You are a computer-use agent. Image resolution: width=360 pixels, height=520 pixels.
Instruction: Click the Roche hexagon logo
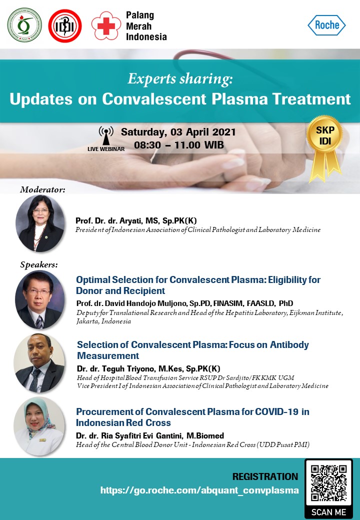[x=326, y=25]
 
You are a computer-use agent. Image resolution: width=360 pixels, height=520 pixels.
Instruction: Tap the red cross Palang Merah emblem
[x=106, y=26]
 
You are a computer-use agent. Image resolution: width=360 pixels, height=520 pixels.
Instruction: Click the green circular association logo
[x=24, y=25]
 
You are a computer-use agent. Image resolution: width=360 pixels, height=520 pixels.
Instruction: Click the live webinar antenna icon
[x=106, y=136]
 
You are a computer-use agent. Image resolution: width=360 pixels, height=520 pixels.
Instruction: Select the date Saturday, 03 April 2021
[x=178, y=132]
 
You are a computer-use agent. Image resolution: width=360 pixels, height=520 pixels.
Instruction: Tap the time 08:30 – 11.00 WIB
[x=179, y=145]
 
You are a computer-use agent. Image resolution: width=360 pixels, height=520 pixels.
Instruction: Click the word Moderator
[x=42, y=189]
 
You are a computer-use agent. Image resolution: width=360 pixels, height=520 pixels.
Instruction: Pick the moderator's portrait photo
[x=40, y=223]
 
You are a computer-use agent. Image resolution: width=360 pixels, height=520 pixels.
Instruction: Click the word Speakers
[x=39, y=264]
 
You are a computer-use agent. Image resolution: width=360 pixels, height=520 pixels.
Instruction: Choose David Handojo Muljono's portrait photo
[x=40, y=299]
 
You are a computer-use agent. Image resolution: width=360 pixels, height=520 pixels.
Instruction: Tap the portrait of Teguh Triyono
[x=39, y=363]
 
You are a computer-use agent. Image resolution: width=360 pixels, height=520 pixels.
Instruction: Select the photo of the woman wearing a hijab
[x=39, y=426]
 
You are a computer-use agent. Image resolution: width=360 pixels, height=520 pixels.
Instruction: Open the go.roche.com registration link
[x=199, y=490]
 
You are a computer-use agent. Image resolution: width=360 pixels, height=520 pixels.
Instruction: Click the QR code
[x=329, y=483]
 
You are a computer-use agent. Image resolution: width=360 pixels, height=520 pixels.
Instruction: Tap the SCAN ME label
[x=328, y=512]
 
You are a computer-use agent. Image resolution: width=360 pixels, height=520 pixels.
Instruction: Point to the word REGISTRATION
[x=265, y=476]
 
